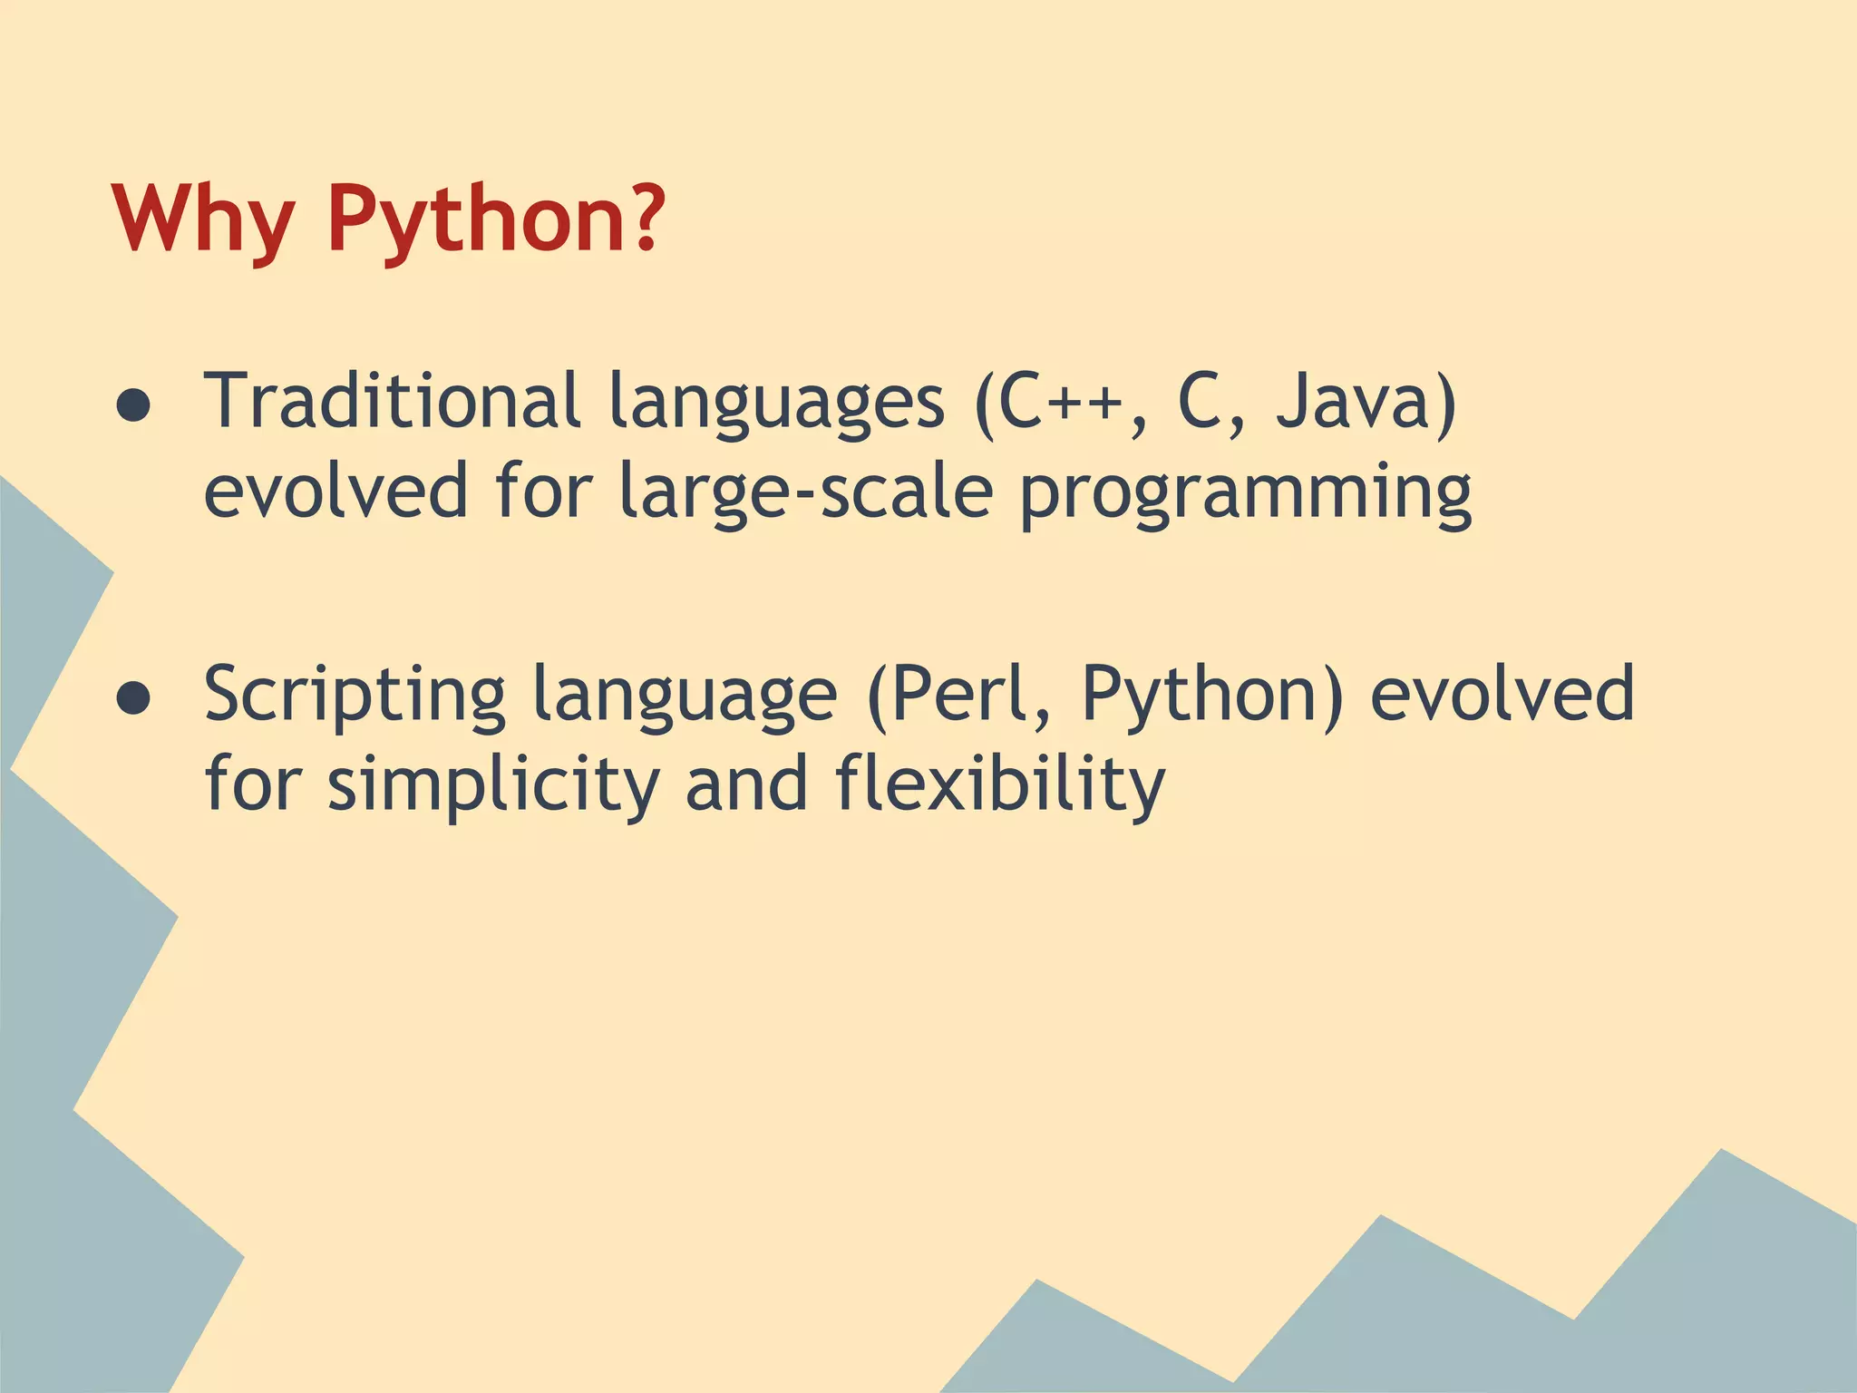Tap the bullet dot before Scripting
tap(133, 697)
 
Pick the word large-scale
tap(807, 492)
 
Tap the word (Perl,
tap(961, 695)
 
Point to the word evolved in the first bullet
tap(335, 492)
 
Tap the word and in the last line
tap(746, 784)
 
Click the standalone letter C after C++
tap(1203, 401)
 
